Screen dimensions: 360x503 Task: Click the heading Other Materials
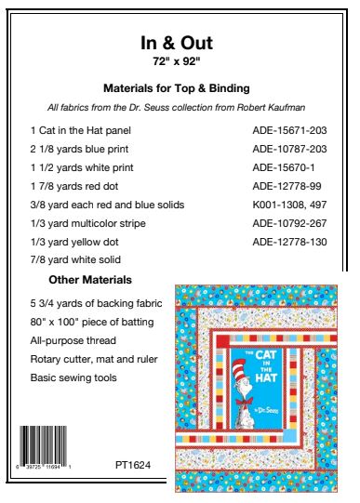click(89, 280)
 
